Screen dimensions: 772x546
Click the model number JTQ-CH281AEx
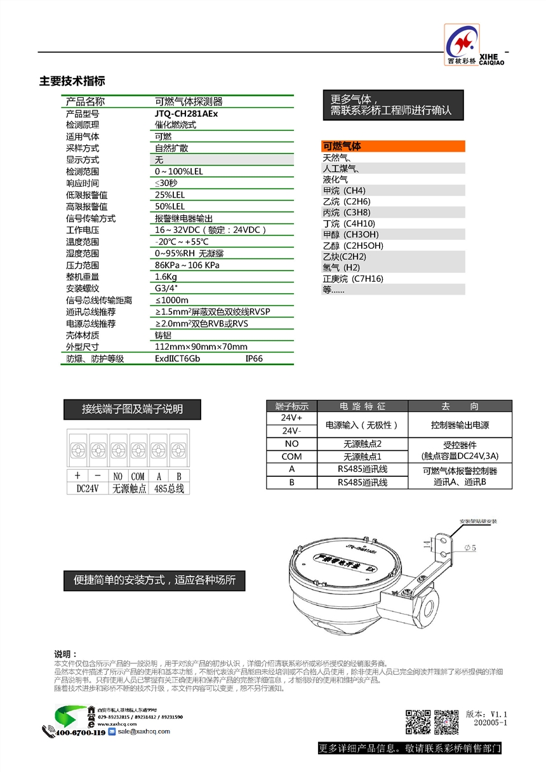point(186,114)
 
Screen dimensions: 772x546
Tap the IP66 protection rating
point(254,359)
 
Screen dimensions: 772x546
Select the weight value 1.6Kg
point(166,277)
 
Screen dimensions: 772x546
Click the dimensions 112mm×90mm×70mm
point(201,347)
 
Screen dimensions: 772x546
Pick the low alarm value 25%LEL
point(170,195)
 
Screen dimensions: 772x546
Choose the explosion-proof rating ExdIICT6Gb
point(177,359)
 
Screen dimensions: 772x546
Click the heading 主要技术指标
point(72,81)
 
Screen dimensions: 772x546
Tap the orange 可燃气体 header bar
point(393,146)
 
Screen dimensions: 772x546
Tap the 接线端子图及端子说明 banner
point(132,409)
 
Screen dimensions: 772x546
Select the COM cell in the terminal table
point(291,456)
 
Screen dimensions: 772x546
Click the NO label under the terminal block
point(118,476)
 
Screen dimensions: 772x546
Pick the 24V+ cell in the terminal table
point(291,419)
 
